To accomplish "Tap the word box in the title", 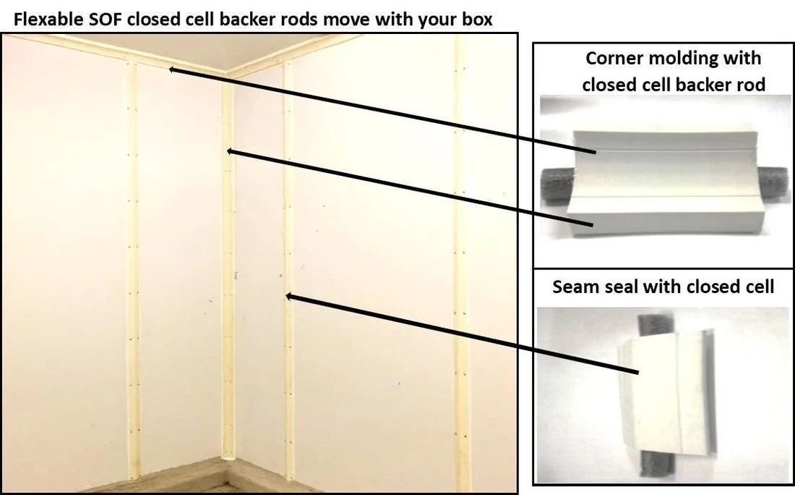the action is coord(476,20).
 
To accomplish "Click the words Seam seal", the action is coord(596,287).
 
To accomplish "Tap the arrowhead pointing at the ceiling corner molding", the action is coord(173,69).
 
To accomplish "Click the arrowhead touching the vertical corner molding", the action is coord(230,151).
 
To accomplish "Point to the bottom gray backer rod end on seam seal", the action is coord(657,465).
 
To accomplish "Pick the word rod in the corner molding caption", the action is coord(748,84).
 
